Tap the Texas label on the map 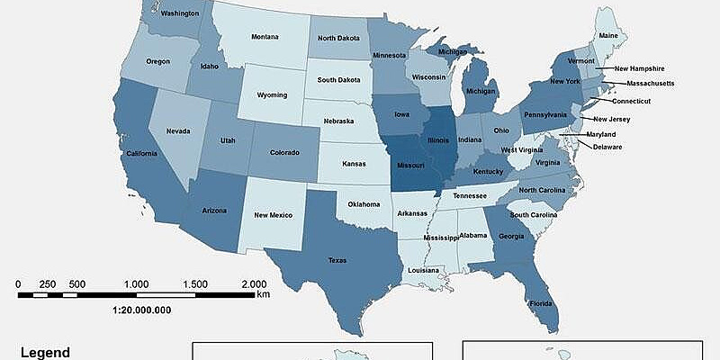[x=337, y=260]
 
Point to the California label [x=140, y=152]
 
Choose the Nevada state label [x=177, y=130]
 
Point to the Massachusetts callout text [x=643, y=85]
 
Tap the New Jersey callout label [x=611, y=118]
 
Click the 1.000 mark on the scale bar [x=137, y=283]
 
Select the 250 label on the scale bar [x=48, y=283]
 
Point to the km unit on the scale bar [x=263, y=293]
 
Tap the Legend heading [x=45, y=353]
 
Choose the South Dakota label [x=340, y=79]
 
